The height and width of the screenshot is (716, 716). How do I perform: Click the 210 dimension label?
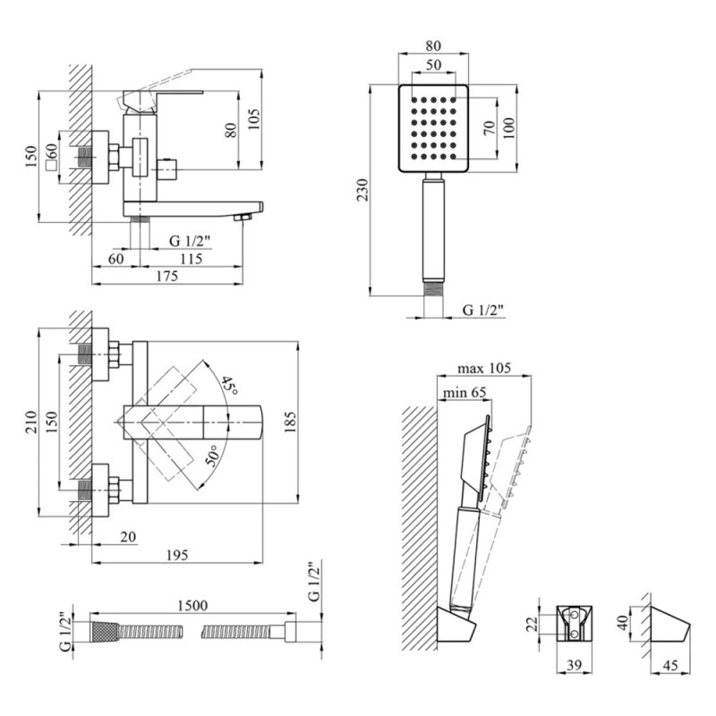pyautogui.click(x=30, y=424)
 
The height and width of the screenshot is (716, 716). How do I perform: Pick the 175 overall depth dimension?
pyautogui.click(x=168, y=277)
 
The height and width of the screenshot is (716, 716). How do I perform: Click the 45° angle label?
pyautogui.click(x=230, y=387)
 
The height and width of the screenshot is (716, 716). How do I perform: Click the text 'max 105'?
pyautogui.click(x=483, y=369)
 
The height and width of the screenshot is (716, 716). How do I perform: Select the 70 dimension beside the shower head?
pyautogui.click(x=489, y=127)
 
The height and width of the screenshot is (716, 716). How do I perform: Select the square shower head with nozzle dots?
pyautogui.click(x=431, y=129)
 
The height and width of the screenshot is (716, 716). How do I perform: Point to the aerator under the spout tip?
pyautogui.click(x=241, y=217)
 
